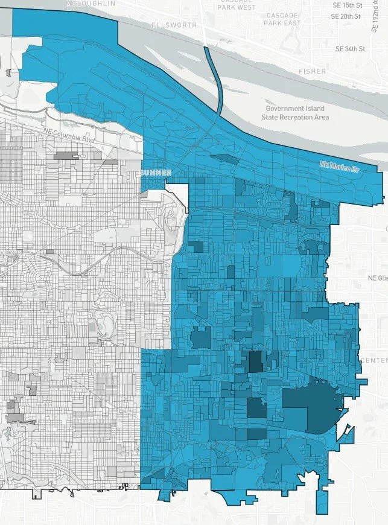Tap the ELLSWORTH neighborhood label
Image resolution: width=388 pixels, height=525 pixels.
pyautogui.click(x=176, y=25)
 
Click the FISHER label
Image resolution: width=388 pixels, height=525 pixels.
pyautogui.click(x=312, y=71)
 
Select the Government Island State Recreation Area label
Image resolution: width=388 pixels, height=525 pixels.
pyautogui.click(x=295, y=113)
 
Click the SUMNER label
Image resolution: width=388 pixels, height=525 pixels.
pyautogui.click(x=157, y=173)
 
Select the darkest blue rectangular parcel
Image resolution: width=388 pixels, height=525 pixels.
pyautogui.click(x=256, y=362)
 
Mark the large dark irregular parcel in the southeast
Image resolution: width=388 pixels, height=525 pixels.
pyautogui.click(x=311, y=403)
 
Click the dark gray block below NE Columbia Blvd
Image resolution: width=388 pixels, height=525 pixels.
pyautogui.click(x=67, y=156)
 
